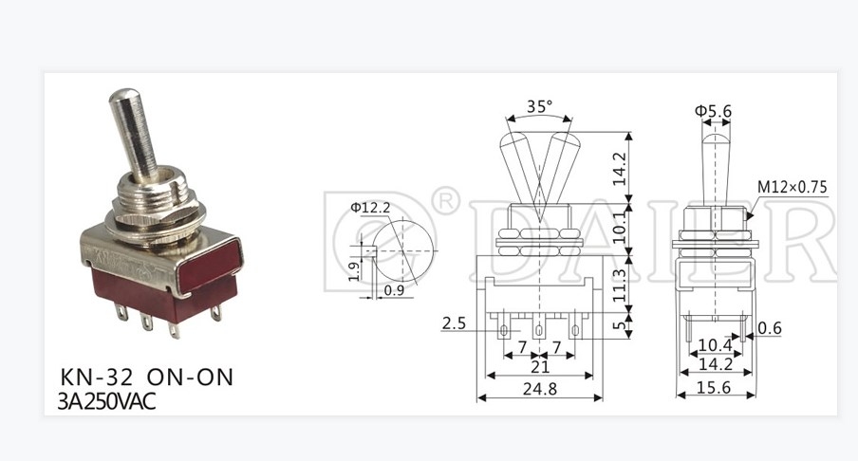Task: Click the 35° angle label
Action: click(x=538, y=107)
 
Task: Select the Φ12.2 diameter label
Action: click(x=369, y=207)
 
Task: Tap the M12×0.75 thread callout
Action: click(x=792, y=187)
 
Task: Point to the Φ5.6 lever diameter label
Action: click(x=714, y=112)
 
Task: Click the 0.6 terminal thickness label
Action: click(x=770, y=329)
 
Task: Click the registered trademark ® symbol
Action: click(x=444, y=201)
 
